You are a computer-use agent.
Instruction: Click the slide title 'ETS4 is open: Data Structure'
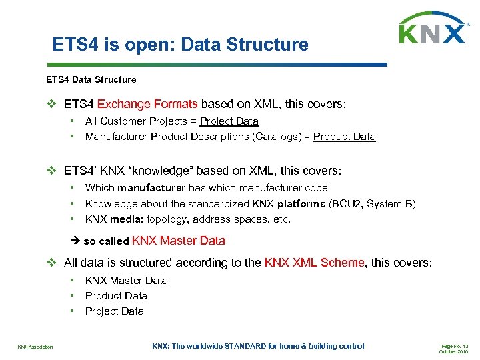pyautogui.click(x=181, y=45)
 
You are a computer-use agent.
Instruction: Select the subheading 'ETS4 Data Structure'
pyautogui.click(x=91, y=79)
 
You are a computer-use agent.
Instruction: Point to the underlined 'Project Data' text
pyautogui.click(x=229, y=121)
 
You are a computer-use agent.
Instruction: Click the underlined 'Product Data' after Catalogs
pyautogui.click(x=344, y=137)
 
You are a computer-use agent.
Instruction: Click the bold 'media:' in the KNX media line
pyautogui.click(x=126, y=219)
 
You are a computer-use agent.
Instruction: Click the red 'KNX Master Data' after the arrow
pyautogui.click(x=179, y=241)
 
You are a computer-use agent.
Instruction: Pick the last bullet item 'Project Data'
pyautogui.click(x=114, y=311)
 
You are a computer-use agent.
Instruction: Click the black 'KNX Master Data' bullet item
pyautogui.click(x=126, y=281)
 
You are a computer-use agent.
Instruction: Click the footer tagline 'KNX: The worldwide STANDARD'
pyautogui.click(x=258, y=346)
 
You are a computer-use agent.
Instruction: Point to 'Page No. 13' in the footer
pyautogui.click(x=455, y=346)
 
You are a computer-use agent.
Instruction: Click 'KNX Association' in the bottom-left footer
pyautogui.click(x=35, y=347)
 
